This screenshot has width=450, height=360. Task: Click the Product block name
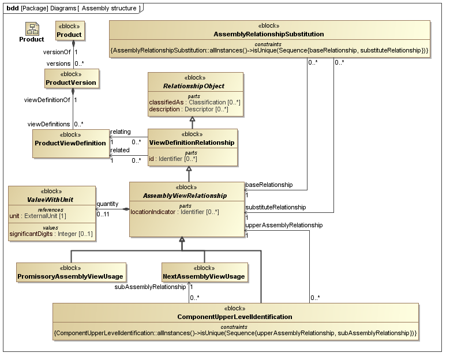coord(69,35)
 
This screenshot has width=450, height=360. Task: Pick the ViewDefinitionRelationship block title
coord(192,142)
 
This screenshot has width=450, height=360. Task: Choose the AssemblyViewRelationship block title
coord(186,196)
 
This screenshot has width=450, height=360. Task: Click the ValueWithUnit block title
coord(51,199)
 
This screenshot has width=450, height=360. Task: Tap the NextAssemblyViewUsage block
coord(204,276)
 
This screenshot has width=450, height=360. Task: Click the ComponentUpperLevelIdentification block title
coord(234,317)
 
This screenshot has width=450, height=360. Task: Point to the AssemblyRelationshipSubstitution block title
coord(268,35)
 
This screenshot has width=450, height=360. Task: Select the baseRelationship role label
coord(269,185)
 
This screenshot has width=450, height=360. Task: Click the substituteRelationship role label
coord(275,207)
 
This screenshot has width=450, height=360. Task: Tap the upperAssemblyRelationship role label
coord(284,225)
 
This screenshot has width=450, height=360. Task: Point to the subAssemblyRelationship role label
coord(150,287)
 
